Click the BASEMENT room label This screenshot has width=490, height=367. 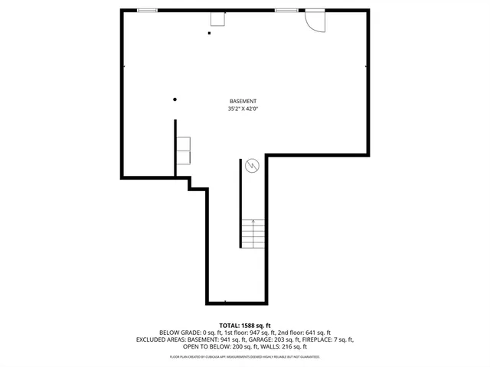click(x=243, y=102)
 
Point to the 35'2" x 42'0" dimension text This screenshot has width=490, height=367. click(x=243, y=109)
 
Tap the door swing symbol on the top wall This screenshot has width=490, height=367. click(x=314, y=21)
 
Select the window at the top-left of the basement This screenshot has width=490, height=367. click(x=148, y=10)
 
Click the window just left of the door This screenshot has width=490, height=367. click(x=286, y=10)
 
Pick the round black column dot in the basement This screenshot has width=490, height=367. click(x=175, y=99)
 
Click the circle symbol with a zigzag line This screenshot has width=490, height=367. click(x=251, y=165)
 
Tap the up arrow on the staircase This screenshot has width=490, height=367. click(x=253, y=223)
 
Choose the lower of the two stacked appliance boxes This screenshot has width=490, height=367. click(x=184, y=158)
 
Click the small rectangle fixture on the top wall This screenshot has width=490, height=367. click(x=218, y=18)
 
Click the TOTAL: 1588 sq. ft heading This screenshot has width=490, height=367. click(x=244, y=325)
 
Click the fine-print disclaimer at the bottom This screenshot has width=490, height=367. click(x=244, y=356)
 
